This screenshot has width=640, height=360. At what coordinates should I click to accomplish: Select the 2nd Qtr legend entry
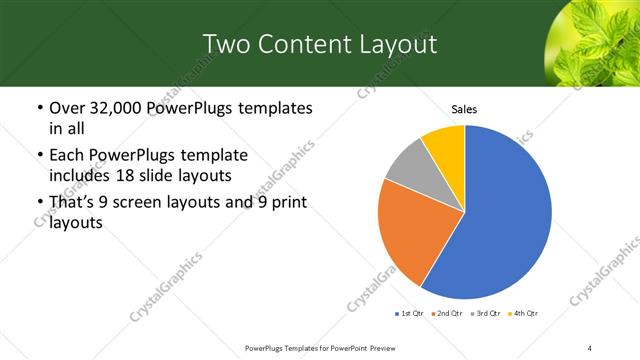tap(445, 314)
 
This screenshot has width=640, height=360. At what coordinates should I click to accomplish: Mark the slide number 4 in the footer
tap(591, 348)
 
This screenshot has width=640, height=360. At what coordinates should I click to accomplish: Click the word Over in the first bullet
tap(67, 108)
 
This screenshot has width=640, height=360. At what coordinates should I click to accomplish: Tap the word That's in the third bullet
tap(73, 203)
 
